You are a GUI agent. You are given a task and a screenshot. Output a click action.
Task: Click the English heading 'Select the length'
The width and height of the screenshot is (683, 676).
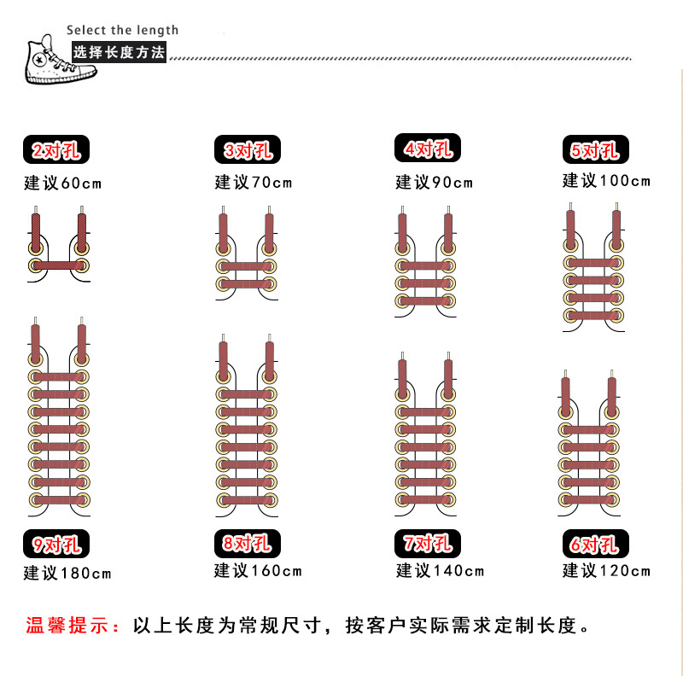pyautogui.click(x=122, y=31)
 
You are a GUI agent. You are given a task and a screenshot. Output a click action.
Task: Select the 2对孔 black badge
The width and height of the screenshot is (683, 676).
pyautogui.click(x=56, y=151)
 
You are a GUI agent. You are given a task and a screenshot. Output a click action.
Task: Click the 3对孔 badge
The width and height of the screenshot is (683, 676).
pyautogui.click(x=246, y=151)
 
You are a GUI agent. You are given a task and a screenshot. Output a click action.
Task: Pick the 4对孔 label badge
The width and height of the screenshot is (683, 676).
pyautogui.click(x=428, y=149)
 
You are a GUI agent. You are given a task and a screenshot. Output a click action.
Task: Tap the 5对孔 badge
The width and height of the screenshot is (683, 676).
pyautogui.click(x=595, y=151)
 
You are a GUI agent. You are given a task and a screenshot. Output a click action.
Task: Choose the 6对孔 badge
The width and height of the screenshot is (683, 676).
pyautogui.click(x=596, y=544)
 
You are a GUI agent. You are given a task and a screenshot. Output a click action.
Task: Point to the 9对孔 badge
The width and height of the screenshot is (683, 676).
pyautogui.click(x=56, y=544)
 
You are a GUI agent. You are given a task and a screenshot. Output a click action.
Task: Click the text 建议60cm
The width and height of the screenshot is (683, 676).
pyautogui.click(x=62, y=183)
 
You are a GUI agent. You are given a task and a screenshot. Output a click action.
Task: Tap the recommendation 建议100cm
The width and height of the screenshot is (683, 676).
pyautogui.click(x=606, y=180)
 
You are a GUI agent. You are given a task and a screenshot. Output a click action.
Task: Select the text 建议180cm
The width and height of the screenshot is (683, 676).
pyautogui.click(x=67, y=572)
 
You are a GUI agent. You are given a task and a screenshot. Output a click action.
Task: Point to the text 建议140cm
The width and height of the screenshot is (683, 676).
pyautogui.click(x=440, y=571)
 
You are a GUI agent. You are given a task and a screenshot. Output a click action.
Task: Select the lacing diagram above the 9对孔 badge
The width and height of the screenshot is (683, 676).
pyautogui.click(x=59, y=418)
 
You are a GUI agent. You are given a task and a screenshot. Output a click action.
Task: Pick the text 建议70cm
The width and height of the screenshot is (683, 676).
pyautogui.click(x=254, y=183)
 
